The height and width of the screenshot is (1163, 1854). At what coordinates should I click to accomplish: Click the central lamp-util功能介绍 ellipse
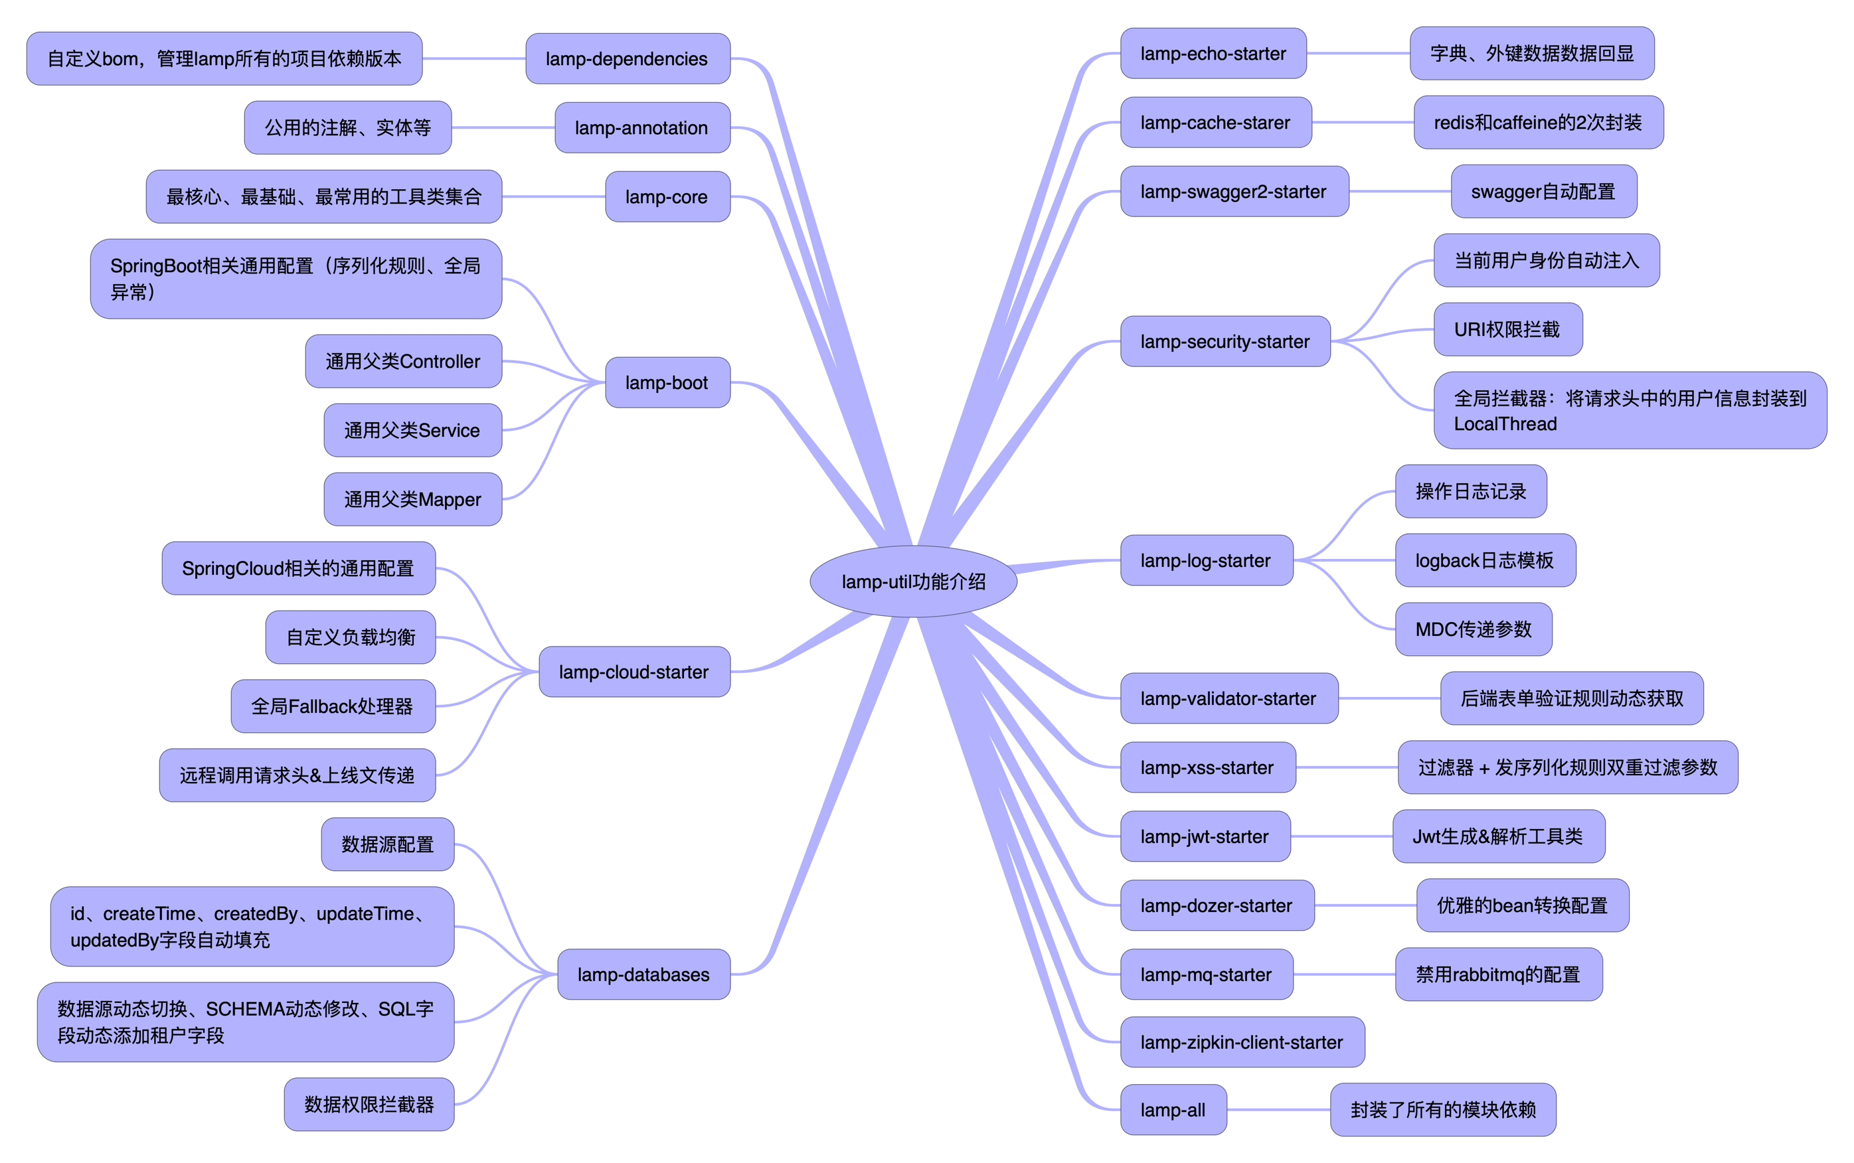(x=912, y=581)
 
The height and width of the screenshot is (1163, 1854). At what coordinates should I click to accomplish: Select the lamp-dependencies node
(x=627, y=58)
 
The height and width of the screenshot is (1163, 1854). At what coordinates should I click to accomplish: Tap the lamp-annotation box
(x=641, y=127)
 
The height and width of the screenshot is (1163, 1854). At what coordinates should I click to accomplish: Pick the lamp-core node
(x=667, y=197)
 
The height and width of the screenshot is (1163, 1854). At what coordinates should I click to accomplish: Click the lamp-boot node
(x=667, y=382)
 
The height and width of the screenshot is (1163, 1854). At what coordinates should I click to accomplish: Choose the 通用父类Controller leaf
(x=403, y=362)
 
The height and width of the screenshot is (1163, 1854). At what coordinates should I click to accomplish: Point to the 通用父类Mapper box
(x=412, y=499)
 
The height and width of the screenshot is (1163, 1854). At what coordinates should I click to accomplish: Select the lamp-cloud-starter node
(x=634, y=672)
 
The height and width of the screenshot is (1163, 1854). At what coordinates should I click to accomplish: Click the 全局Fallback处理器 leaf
(x=332, y=706)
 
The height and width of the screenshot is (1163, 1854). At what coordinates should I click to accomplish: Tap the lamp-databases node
(x=643, y=974)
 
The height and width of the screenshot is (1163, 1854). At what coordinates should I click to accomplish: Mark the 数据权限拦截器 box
(x=369, y=1105)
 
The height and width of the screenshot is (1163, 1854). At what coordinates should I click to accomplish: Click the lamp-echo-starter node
(x=1213, y=54)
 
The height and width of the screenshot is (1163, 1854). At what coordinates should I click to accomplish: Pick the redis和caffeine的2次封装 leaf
(x=1538, y=122)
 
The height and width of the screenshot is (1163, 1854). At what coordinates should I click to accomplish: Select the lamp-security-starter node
(x=1224, y=341)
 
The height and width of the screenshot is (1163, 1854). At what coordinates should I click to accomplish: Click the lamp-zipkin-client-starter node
(x=1242, y=1042)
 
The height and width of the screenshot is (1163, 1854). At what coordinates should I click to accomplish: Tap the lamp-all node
(x=1173, y=1110)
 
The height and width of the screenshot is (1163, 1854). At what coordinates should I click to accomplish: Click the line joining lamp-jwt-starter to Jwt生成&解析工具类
(x=1341, y=837)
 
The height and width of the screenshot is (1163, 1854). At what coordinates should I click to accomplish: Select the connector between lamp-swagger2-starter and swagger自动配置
(x=1399, y=192)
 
